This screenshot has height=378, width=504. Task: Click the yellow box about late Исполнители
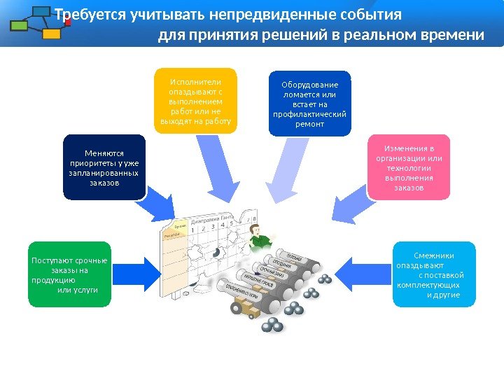click(196, 100)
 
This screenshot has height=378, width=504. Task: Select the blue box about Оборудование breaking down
click(310, 103)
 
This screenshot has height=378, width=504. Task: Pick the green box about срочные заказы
click(70, 274)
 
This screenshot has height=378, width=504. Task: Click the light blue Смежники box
click(434, 274)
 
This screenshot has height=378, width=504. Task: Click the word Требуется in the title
click(90, 15)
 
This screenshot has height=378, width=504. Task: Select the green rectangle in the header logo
click(20, 26)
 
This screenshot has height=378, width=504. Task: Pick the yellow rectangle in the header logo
click(51, 34)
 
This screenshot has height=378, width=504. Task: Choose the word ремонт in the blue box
click(310, 123)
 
